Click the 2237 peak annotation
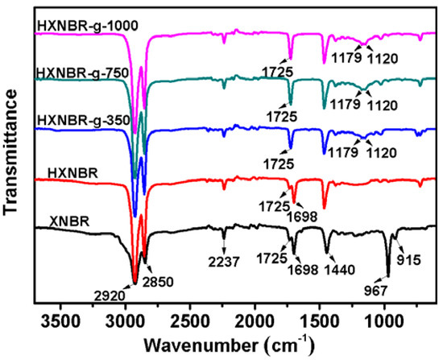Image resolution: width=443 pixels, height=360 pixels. tap(223, 258)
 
